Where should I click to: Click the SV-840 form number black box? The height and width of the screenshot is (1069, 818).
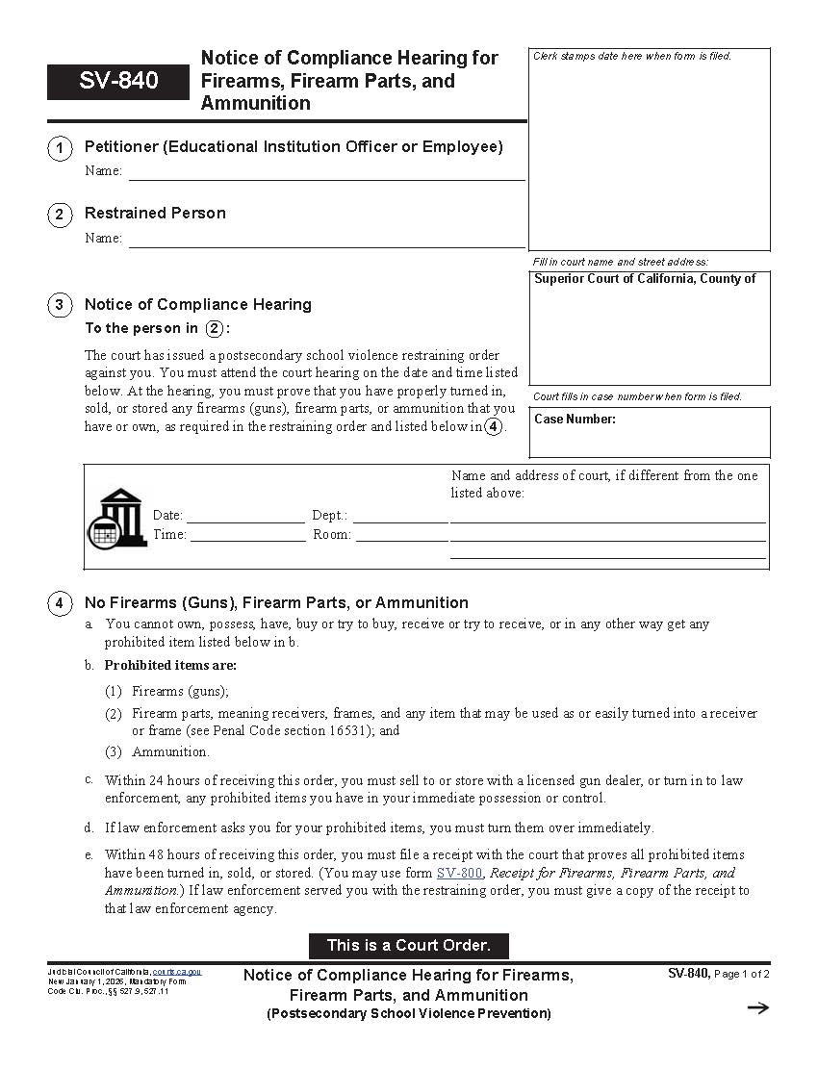click(118, 82)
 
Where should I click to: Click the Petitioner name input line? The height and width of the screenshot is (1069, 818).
click(326, 172)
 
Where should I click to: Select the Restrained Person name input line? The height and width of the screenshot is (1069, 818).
click(326, 240)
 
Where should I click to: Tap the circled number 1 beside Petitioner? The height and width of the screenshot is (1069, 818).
click(60, 148)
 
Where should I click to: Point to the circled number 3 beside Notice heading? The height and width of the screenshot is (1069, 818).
click(60, 306)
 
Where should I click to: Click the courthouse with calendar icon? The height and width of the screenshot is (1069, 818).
click(117, 517)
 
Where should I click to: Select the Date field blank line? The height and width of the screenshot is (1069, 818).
click(245, 516)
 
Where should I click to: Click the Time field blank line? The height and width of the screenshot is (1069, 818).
click(246, 535)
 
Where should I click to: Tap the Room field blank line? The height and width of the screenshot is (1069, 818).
click(401, 535)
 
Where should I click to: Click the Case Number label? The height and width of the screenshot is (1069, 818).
click(575, 420)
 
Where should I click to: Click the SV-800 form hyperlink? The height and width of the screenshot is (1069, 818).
click(459, 873)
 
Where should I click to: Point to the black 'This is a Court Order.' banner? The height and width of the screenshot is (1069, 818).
click(408, 945)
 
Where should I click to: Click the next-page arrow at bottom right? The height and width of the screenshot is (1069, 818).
click(758, 1007)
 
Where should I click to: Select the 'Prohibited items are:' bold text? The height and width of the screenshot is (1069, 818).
click(170, 665)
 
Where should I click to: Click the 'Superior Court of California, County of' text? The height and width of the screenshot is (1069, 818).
click(645, 279)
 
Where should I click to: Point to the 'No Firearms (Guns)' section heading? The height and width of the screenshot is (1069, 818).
click(276, 603)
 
